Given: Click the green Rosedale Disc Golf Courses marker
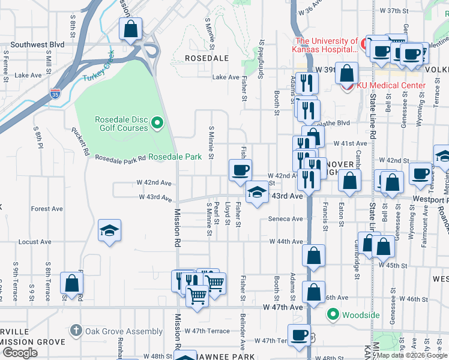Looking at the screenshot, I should point(157,124).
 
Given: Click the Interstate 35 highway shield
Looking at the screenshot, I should point(55,94).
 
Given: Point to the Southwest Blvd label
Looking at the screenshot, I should point(37,44).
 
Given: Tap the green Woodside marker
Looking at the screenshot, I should point(333,314).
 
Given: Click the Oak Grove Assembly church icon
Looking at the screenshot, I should point(75,330).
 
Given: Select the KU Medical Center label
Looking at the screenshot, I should point(391,85).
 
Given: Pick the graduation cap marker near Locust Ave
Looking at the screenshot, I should point(109,231).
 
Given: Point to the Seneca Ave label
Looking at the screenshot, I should point(286,219).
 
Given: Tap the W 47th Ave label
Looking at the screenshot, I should point(283,307).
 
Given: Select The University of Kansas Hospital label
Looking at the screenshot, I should point(325,45).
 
